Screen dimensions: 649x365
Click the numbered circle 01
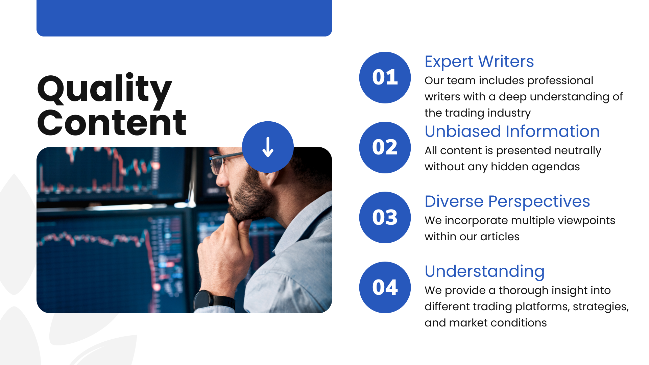pos(385,77)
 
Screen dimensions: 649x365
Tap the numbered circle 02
pos(385,147)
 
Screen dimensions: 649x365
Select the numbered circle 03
pos(385,217)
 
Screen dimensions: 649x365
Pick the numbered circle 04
pos(385,287)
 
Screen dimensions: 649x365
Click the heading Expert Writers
pos(479,62)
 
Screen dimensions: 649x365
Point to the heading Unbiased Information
pos(512,131)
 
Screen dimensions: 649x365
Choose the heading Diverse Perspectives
pos(507,202)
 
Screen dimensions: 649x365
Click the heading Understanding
pos(485,272)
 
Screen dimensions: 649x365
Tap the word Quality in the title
pos(105,89)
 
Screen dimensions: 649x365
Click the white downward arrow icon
pos(268,147)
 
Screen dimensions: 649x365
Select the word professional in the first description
pos(560,81)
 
